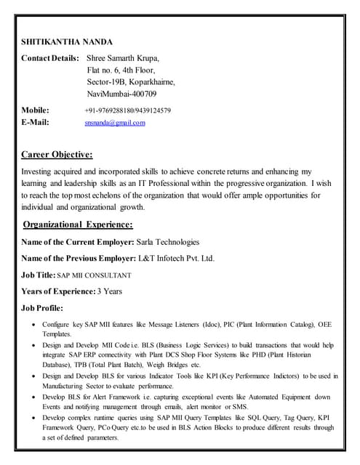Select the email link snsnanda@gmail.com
click(x=115, y=123)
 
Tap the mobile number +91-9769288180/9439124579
click(x=128, y=110)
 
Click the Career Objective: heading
click(x=57, y=154)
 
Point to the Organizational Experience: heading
click(x=78, y=225)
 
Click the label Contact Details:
click(x=50, y=57)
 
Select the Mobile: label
click(x=36, y=110)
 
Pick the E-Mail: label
click(x=36, y=123)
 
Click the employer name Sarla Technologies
click(x=168, y=242)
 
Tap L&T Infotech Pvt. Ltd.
click(x=176, y=259)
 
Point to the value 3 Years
click(x=110, y=291)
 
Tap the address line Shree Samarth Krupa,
click(x=123, y=57)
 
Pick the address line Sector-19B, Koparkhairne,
click(x=131, y=82)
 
